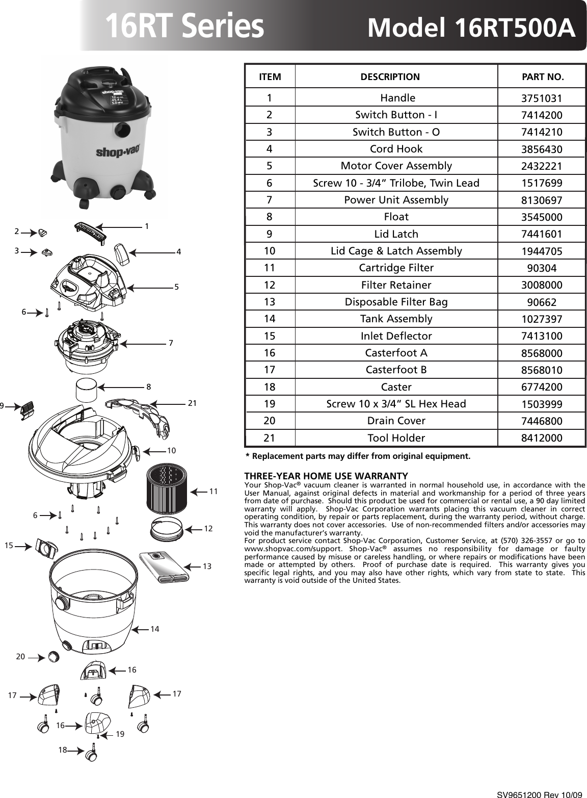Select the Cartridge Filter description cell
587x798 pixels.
[396, 268]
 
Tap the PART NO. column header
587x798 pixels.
[543, 78]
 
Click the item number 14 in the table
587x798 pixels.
[270, 319]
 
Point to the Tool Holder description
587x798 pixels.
[396, 438]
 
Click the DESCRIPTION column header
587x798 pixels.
[390, 78]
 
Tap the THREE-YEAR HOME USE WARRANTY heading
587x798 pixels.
[326, 476]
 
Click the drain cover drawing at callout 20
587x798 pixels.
[52, 657]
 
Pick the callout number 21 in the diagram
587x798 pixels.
[192, 403]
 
